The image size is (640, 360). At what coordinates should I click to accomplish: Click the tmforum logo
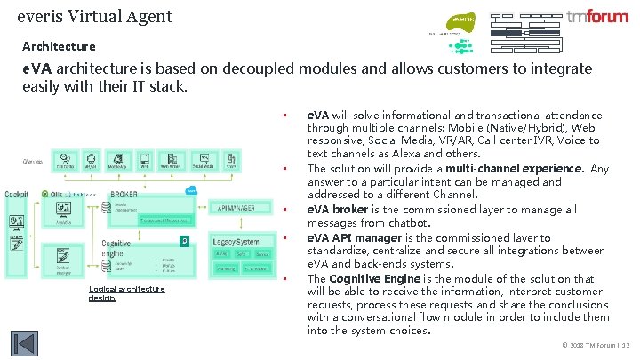(x=597, y=17)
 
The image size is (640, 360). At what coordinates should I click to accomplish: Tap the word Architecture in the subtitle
(x=59, y=45)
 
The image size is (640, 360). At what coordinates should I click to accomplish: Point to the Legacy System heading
(x=236, y=242)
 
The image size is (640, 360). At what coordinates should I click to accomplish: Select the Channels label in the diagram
(x=33, y=161)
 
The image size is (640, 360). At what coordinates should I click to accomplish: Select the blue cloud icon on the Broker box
(x=191, y=190)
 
